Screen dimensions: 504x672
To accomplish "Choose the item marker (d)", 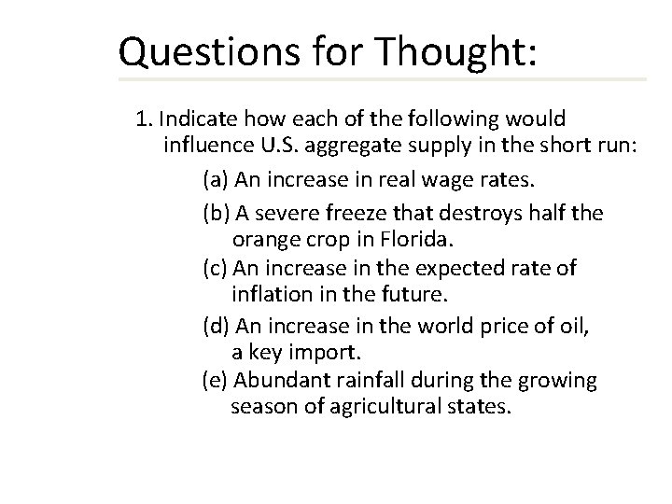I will click(x=217, y=327).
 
